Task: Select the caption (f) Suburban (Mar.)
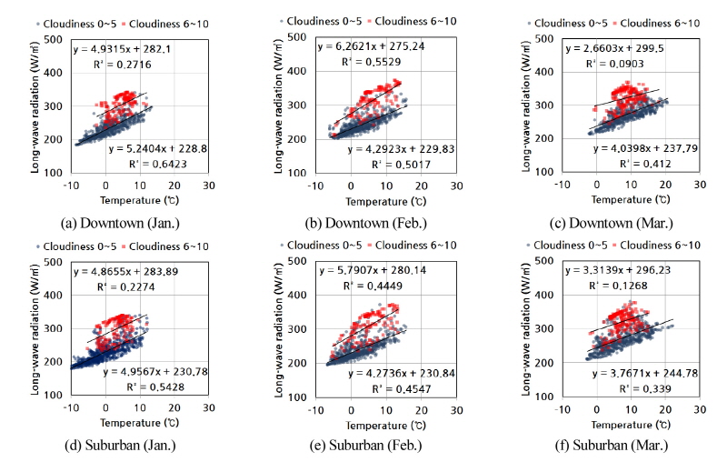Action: (x=619, y=447)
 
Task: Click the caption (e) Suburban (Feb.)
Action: (x=373, y=447)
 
